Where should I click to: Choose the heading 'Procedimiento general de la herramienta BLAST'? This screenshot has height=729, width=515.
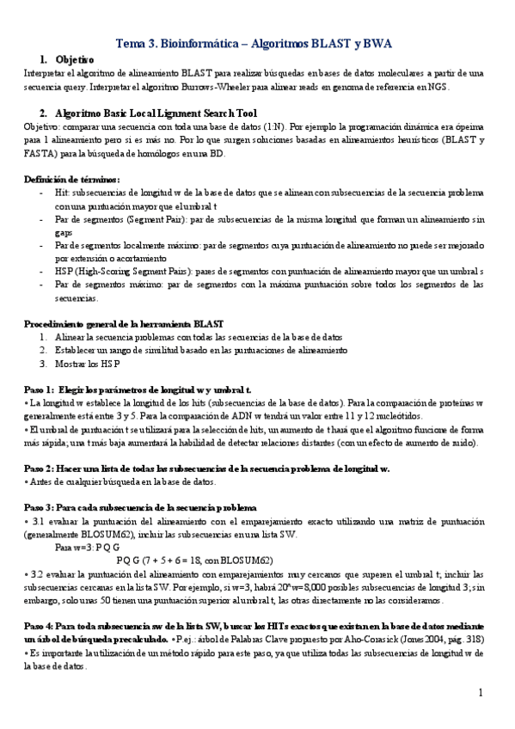point(124,323)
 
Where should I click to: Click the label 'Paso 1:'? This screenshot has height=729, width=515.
point(41,389)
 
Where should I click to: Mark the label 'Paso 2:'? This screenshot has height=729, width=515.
point(41,469)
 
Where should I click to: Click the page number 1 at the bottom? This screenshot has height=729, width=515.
point(481,692)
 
